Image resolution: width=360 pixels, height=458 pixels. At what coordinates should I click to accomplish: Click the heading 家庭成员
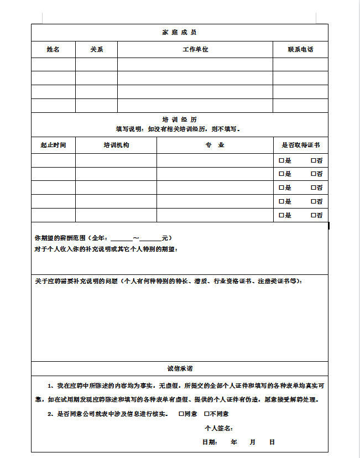tap(179, 33)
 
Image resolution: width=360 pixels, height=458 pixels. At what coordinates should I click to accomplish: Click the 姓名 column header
tap(53, 49)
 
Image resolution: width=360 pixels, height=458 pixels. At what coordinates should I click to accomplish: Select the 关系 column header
tap(96, 49)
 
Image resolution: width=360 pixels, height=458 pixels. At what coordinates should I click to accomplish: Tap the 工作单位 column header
tap(195, 49)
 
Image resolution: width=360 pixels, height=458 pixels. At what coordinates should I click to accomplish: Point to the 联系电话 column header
tap(300, 49)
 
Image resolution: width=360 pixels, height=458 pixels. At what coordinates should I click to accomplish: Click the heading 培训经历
tap(179, 119)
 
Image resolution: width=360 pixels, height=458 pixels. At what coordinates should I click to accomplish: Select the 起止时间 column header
tap(53, 145)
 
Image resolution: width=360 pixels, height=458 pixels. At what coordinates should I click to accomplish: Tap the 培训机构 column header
tap(116, 145)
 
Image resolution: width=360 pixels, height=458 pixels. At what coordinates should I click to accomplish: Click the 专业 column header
tap(215, 145)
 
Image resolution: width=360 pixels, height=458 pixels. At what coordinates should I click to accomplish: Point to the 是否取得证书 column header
tap(300, 145)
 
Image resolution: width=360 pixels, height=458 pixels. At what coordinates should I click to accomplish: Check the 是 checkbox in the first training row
tap(281, 160)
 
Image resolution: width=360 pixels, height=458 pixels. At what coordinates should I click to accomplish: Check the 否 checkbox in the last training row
tap(314, 215)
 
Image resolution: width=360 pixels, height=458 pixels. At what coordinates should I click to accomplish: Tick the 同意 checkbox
tap(181, 414)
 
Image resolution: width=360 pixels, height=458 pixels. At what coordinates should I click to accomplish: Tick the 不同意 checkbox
tap(207, 414)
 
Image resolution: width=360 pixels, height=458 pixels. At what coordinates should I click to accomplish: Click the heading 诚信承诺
tap(179, 368)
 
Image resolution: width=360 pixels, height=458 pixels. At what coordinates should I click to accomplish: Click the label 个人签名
tap(218, 428)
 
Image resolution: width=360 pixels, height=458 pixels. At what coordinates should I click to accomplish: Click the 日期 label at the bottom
tap(210, 442)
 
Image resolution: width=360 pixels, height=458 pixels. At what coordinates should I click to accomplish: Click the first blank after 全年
tap(122, 238)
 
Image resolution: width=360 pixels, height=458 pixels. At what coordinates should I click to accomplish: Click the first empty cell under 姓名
tap(53, 64)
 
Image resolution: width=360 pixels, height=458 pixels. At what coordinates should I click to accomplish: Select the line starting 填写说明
tap(179, 129)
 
